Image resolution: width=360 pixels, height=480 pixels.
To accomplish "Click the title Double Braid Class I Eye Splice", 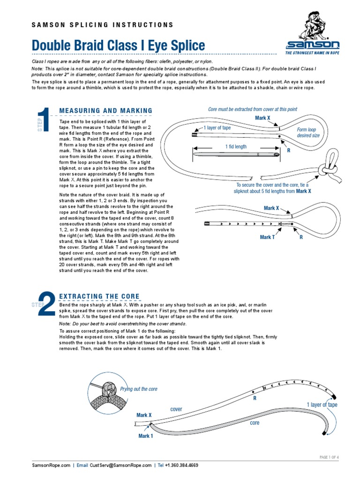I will [118, 45].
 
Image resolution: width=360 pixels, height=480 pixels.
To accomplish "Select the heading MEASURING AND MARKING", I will [105, 111].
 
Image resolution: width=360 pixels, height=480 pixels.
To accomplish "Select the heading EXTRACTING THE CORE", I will [99, 296].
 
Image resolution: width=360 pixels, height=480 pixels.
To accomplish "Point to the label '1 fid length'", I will [236, 147].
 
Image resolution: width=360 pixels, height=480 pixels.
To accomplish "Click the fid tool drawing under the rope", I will [237, 154].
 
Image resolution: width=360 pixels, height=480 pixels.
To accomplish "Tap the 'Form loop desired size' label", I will [308, 132].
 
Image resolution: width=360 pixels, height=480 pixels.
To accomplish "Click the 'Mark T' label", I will [268, 237].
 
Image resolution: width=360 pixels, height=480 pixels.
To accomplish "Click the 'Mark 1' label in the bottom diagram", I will [145, 436].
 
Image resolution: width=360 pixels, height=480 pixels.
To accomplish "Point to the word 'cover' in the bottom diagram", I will [176, 409].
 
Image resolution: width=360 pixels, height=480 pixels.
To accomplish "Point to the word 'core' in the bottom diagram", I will [255, 422].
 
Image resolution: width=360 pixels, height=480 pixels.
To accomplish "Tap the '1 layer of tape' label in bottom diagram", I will [322, 405].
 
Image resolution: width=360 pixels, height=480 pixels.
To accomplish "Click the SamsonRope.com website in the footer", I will [51, 465].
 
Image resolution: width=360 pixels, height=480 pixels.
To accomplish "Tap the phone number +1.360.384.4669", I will [181, 465].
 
